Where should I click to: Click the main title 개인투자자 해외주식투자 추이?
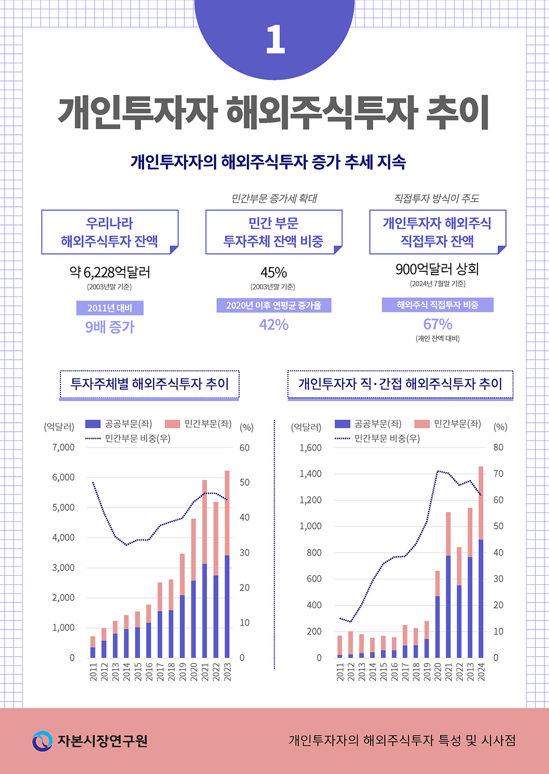[274, 112]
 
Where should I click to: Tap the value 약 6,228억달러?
[110, 272]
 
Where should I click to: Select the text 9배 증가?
[110, 327]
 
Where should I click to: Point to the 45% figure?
[273, 272]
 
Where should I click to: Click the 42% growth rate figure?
[273, 325]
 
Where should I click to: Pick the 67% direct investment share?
[437, 324]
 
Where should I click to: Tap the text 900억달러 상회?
[437, 269]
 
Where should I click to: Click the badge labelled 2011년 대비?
[110, 308]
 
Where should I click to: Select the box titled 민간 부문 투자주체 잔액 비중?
[273, 232]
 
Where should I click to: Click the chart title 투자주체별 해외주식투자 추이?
[150, 384]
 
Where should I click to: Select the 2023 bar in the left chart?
[227, 564]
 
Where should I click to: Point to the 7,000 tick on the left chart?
[63, 447]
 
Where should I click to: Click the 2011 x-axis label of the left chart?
[93, 672]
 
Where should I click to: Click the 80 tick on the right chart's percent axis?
[498, 447]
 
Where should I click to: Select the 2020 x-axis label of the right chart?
[438, 672]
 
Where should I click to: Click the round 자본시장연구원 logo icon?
[42, 741]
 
